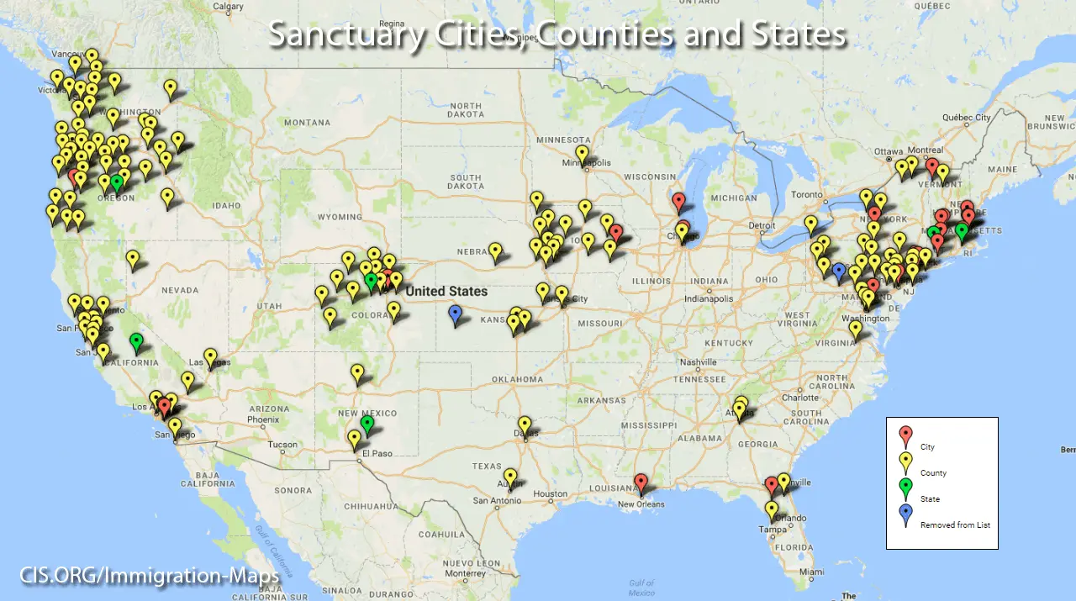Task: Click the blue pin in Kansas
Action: (x=456, y=314)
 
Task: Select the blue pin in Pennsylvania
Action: (x=838, y=271)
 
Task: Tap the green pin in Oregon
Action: (x=117, y=182)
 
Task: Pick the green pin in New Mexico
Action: (x=367, y=424)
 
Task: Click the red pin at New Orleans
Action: (x=641, y=482)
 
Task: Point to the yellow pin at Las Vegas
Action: (x=210, y=356)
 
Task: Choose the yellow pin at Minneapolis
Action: (x=582, y=154)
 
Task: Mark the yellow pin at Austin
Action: (x=510, y=477)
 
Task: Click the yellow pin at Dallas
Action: (x=525, y=424)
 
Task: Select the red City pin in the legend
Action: (x=905, y=435)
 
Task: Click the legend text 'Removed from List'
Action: (x=955, y=525)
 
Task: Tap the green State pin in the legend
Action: (x=905, y=488)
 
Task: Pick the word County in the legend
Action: (x=933, y=473)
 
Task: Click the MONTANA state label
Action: (x=307, y=123)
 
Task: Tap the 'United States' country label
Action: (x=446, y=291)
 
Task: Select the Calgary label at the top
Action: (x=228, y=7)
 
